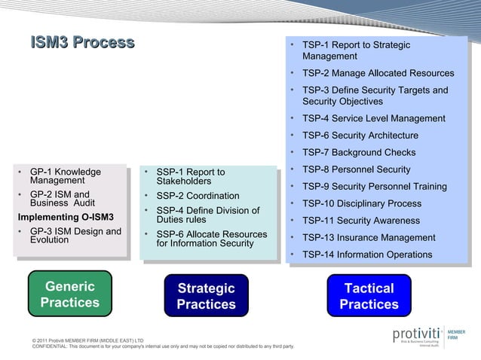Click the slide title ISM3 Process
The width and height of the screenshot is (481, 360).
(82, 43)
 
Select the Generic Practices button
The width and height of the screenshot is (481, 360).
(70, 294)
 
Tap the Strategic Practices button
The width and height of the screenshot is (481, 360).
(206, 297)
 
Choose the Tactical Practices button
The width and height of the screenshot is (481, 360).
(369, 297)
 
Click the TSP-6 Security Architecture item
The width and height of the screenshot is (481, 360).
(360, 136)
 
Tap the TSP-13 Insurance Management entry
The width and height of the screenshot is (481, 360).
(369, 237)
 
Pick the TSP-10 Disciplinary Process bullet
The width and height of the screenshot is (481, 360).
(361, 203)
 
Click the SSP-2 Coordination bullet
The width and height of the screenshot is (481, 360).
(198, 196)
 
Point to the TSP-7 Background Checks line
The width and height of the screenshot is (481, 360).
(359, 152)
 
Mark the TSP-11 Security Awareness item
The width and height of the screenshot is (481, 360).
(360, 221)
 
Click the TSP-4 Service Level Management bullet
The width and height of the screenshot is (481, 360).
(373, 118)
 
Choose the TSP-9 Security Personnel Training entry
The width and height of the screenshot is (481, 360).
(374, 187)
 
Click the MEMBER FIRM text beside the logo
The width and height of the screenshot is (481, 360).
(457, 334)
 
